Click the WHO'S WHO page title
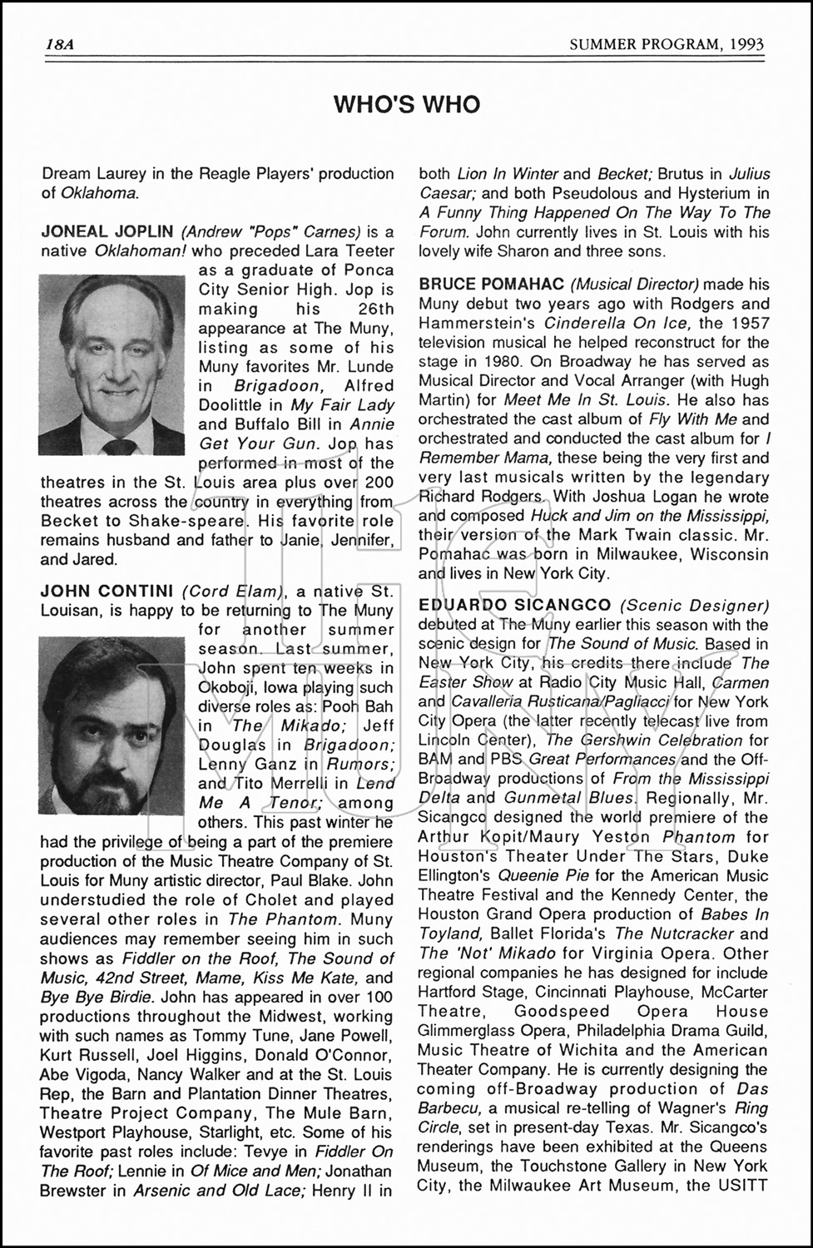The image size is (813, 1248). [406, 104]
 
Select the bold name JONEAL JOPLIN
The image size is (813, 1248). [107, 231]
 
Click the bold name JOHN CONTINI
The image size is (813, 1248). [107, 591]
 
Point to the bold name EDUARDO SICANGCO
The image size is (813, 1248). [514, 605]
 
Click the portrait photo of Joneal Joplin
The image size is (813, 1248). [116, 366]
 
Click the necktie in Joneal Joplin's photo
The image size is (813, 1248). [116, 445]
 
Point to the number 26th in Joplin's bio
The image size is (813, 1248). [369, 309]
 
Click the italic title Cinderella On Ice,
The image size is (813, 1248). [616, 323]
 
